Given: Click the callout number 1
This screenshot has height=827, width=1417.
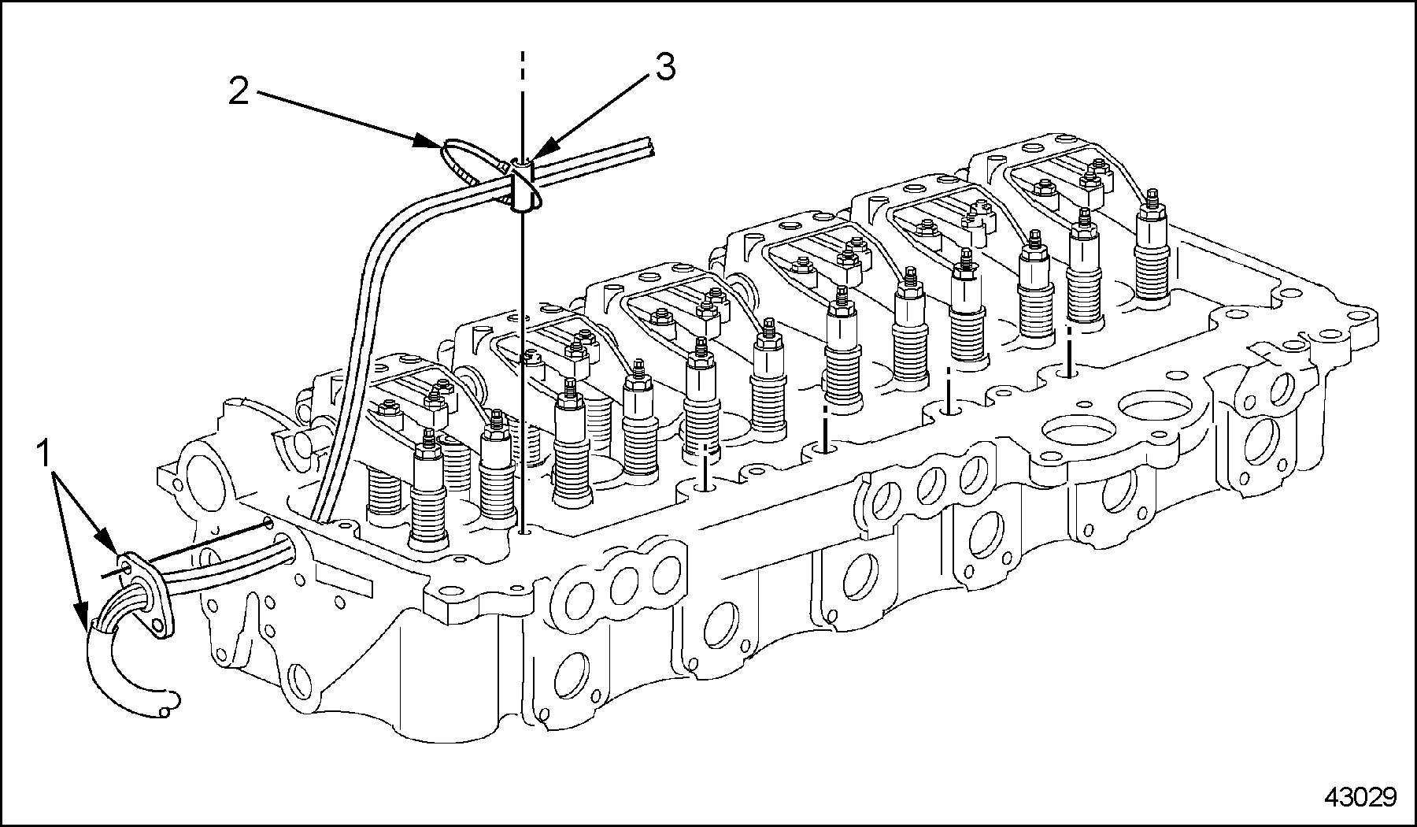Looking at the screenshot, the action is pyautogui.click(x=44, y=454).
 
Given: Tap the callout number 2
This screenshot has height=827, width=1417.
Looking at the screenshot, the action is pyautogui.click(x=239, y=91).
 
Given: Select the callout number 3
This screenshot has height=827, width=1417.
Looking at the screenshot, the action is pyautogui.click(x=665, y=68).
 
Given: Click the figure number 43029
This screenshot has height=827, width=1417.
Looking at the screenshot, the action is pyautogui.click(x=1360, y=797).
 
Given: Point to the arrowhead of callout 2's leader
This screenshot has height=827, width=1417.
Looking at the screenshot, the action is pyautogui.click(x=431, y=143).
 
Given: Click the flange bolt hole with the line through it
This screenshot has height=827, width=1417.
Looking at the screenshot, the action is pyautogui.click(x=125, y=566).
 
